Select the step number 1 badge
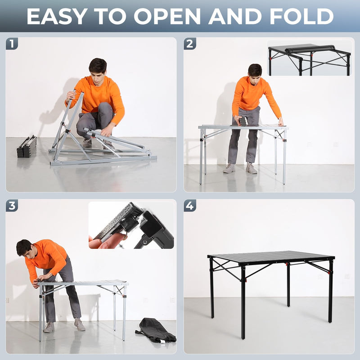12,44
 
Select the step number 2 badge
190,44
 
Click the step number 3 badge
12,206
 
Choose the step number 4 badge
190,206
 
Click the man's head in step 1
97,67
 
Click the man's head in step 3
24,248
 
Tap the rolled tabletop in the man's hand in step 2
243,121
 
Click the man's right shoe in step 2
229,168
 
